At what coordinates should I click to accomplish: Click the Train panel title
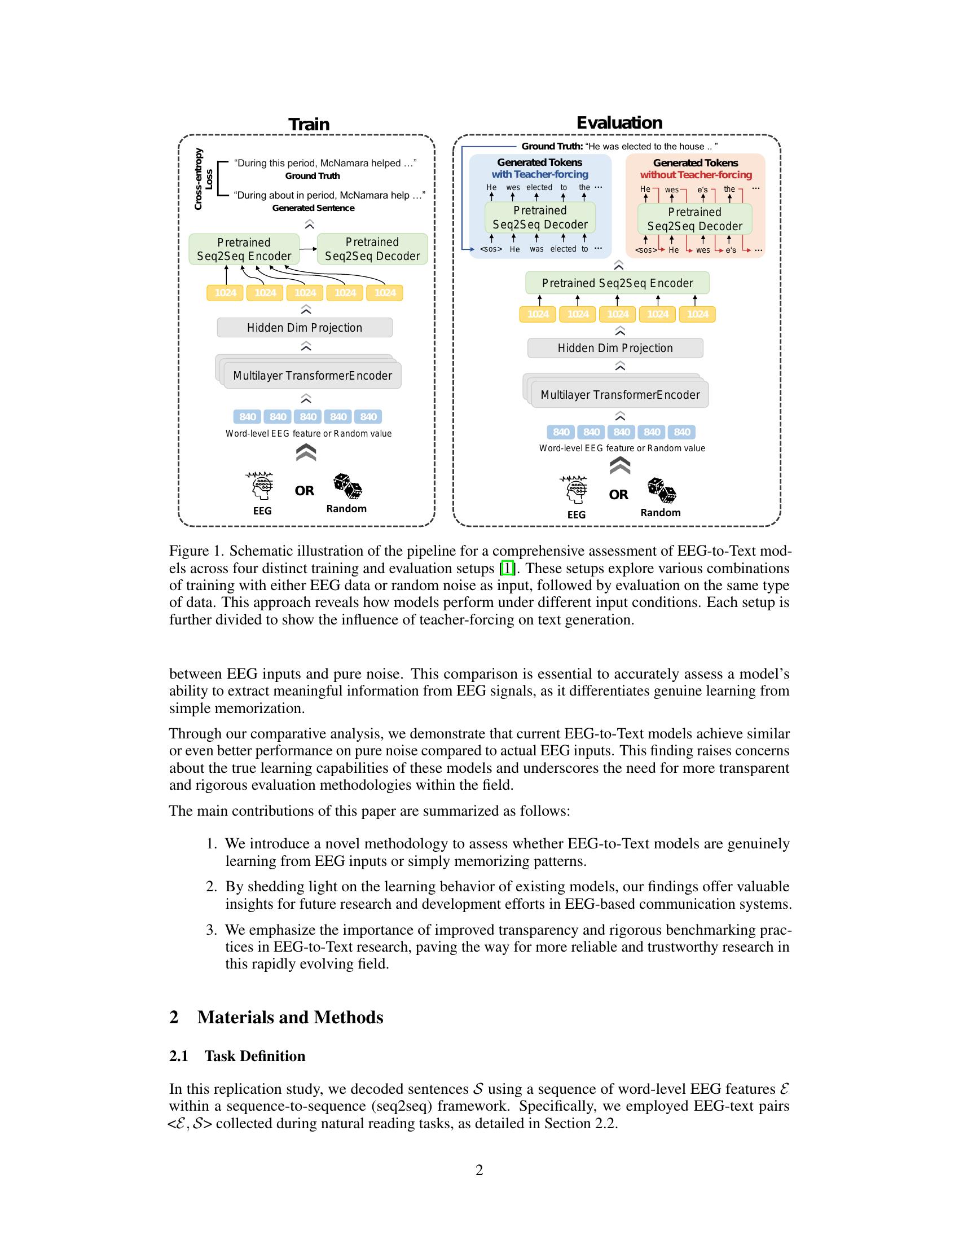click(x=309, y=125)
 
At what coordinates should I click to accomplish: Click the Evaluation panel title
click(x=619, y=123)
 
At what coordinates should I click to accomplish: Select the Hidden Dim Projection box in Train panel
click(x=305, y=328)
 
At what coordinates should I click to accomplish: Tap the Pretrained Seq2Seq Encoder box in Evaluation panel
click(x=617, y=283)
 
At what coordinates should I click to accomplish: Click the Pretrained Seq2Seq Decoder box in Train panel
click(x=372, y=249)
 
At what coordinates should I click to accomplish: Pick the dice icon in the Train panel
click(x=347, y=486)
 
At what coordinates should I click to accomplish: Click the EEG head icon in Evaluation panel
click(x=575, y=490)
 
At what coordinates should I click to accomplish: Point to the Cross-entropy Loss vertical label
click(x=204, y=179)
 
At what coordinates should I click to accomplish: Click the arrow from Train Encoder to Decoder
click(x=307, y=249)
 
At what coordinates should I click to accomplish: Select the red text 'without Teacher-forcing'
click(x=696, y=175)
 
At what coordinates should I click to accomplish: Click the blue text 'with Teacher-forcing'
click(x=540, y=174)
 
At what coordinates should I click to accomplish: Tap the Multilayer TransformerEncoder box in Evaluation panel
click(x=620, y=395)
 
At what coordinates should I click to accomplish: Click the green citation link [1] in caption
click(x=507, y=568)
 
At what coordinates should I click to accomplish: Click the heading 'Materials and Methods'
click(x=290, y=1017)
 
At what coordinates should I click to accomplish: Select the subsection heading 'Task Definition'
click(x=254, y=1057)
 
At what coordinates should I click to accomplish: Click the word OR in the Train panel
click(x=305, y=490)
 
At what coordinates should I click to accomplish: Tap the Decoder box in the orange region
click(x=694, y=219)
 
